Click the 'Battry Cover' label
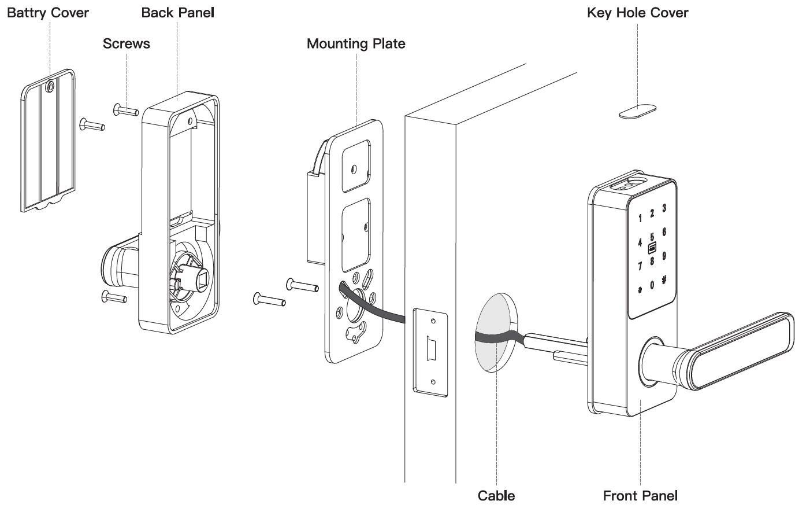click(48, 13)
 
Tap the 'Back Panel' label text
click(177, 13)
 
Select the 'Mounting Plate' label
click(356, 44)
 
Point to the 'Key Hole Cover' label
click(637, 13)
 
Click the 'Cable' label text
click(496, 496)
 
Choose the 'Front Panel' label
click(640, 496)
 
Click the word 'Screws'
click(126, 44)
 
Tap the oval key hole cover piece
click(637, 111)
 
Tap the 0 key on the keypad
click(652, 285)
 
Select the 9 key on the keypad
click(664, 256)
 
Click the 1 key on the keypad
click(640, 218)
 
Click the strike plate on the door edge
click(430, 352)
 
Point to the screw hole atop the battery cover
click(50, 86)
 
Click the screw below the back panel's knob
click(114, 297)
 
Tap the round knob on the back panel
click(115, 266)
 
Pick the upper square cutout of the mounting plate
click(356, 166)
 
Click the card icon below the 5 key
click(652, 248)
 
